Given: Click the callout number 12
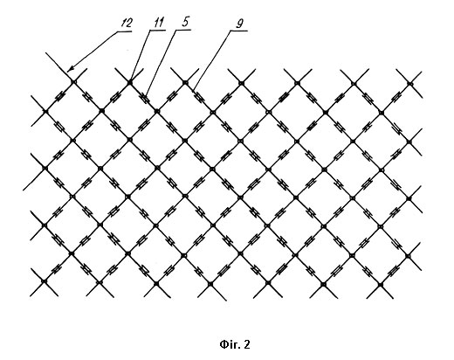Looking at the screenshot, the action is (x=127, y=23).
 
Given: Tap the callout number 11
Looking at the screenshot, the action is (x=159, y=23).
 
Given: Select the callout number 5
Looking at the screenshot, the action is (x=185, y=22).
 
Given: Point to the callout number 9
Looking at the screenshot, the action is (x=239, y=24).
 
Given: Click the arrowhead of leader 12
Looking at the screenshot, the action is (x=70, y=69).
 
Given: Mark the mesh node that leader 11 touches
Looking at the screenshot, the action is (x=130, y=83).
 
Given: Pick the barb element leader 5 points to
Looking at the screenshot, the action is (x=145, y=97).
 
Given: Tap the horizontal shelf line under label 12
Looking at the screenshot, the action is (x=125, y=31).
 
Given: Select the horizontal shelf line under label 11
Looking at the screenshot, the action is (x=158, y=31).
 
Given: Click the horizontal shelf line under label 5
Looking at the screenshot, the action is (x=183, y=30).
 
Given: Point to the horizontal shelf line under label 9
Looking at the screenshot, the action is (x=238, y=31).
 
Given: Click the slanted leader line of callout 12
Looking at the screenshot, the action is (x=93, y=52).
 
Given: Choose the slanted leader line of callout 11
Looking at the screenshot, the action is (x=141, y=56).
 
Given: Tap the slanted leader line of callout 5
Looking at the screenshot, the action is (x=162, y=62).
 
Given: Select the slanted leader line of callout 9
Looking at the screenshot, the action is (x=212, y=59).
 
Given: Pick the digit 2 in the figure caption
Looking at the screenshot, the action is (x=247, y=345).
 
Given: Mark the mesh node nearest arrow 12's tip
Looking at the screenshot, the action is (x=73, y=82).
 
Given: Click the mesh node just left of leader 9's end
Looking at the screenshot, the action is (x=186, y=83).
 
